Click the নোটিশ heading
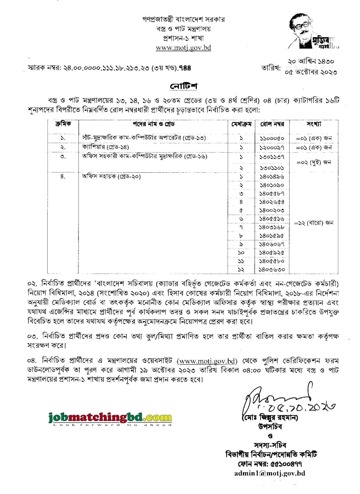[184, 86]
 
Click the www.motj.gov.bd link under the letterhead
[183, 48]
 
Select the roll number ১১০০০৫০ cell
[272, 138]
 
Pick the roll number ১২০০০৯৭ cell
[272, 147]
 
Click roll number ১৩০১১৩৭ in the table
[272, 157]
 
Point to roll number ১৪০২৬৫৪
[272, 202]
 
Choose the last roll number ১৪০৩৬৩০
[272, 269]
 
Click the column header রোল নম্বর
[272, 124]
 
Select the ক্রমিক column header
[63, 124]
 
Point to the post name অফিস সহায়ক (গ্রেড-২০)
[111, 177]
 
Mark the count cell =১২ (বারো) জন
[314, 223]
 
